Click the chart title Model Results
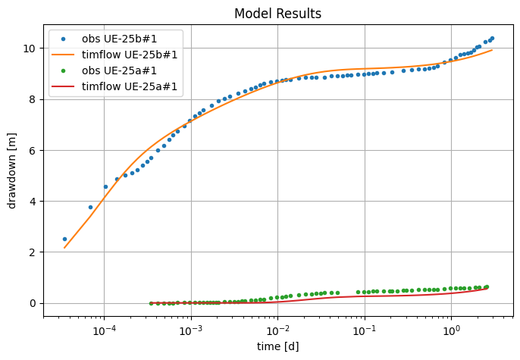[277, 14]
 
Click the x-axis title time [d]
[277, 346]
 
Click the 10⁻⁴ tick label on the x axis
[104, 329]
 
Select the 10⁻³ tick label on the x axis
[191, 329]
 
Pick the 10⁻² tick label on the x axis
[277, 329]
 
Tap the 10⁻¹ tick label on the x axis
[365, 329]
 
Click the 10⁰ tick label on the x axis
[452, 329]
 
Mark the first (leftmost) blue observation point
[64, 239]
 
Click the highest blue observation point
[492, 38]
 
